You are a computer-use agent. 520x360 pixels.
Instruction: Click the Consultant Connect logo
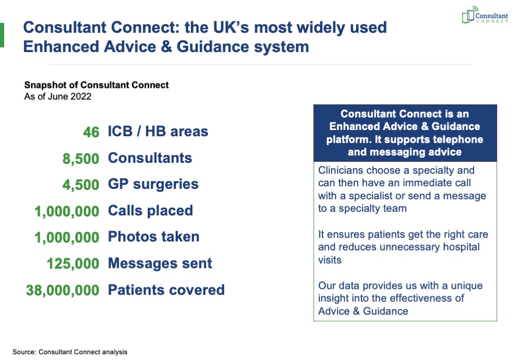click(485, 15)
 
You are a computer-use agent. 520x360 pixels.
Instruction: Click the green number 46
click(91, 132)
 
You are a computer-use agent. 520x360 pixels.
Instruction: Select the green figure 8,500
click(81, 159)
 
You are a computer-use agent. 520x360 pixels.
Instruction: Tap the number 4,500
click(81, 185)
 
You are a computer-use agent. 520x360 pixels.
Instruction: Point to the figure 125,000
click(73, 264)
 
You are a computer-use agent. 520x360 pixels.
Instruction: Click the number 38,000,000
click(63, 290)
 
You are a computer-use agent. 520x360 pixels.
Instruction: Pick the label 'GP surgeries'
click(153, 185)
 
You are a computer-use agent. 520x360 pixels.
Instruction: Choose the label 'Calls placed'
click(151, 211)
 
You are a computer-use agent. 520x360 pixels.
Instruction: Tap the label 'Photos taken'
click(154, 237)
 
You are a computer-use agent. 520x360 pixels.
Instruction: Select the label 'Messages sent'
click(160, 263)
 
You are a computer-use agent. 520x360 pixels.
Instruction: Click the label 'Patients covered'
click(166, 290)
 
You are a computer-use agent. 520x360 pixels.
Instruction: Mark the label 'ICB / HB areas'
click(158, 132)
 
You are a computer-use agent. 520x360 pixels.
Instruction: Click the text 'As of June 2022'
click(58, 97)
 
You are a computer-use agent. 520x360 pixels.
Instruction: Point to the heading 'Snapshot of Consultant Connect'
click(97, 85)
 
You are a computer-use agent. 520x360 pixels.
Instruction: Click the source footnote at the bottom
click(70, 352)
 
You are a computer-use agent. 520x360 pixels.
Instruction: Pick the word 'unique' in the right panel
click(467, 286)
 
